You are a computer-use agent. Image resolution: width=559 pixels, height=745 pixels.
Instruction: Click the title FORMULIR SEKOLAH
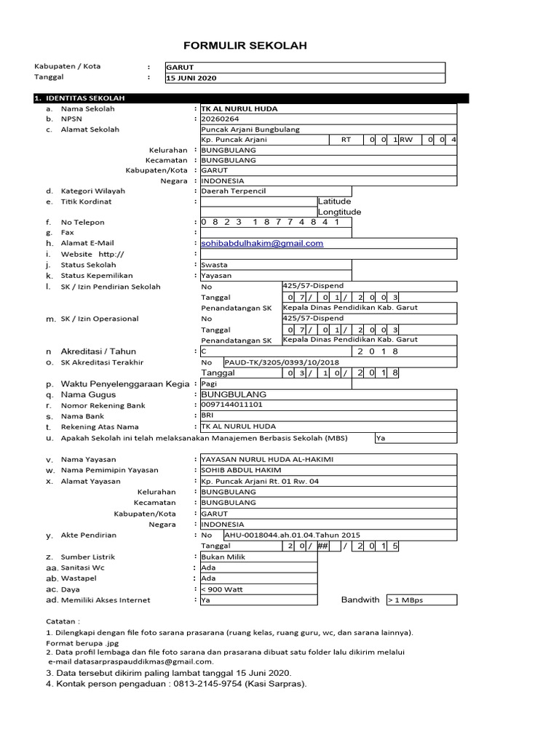coord(245,46)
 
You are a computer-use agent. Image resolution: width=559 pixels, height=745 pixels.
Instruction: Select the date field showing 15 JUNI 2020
coord(191,78)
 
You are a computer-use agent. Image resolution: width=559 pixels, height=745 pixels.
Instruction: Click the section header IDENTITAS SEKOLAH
coord(85,98)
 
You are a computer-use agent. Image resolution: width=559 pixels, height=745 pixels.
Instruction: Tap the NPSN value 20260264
coord(220,119)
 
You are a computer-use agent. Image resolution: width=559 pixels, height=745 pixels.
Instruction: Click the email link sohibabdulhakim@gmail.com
coord(262,244)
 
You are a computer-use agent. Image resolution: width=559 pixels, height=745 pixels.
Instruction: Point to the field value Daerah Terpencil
coord(234,191)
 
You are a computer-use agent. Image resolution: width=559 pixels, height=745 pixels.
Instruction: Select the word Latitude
coord(334,202)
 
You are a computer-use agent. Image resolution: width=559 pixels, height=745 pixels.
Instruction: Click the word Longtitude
coord(339,212)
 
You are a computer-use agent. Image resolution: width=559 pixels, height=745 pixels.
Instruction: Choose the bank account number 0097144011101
coord(232,405)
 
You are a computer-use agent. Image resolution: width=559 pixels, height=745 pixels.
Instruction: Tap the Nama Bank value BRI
coord(207,415)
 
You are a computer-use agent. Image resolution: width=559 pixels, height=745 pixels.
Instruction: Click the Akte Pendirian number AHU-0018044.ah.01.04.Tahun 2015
coord(292,535)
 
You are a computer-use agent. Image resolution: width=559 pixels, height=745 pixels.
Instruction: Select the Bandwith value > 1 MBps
coord(406,600)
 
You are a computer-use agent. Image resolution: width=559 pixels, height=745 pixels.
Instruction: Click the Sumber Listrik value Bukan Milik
coord(223,557)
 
